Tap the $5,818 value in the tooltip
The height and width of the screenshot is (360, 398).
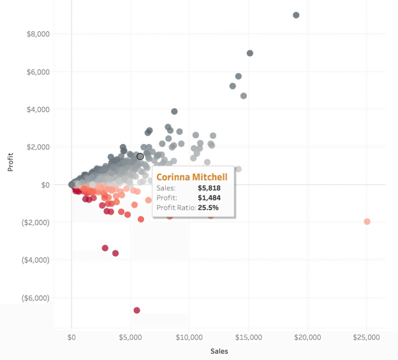click(210, 189)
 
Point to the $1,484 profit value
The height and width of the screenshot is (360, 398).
click(210, 198)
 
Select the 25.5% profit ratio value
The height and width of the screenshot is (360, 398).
click(211, 208)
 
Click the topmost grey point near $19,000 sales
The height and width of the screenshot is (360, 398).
click(296, 15)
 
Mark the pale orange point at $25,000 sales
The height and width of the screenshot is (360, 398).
click(367, 221)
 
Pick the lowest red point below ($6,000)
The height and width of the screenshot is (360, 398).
click(136, 310)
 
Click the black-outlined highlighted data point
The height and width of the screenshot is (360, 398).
click(140, 156)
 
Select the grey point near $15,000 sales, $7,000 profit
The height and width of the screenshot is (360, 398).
click(250, 53)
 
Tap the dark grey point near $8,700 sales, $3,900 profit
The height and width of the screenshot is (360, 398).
click(174, 112)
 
